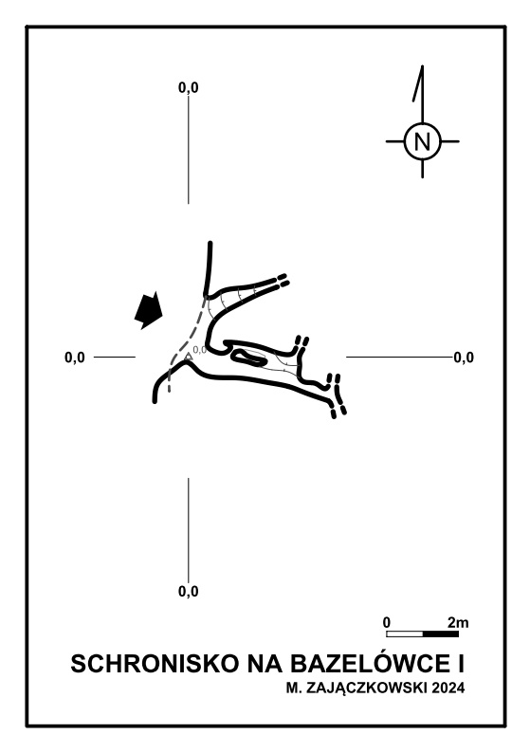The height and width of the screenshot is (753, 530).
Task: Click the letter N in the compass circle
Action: pyautogui.click(x=422, y=141)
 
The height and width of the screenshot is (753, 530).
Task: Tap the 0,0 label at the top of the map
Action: pyautogui.click(x=188, y=87)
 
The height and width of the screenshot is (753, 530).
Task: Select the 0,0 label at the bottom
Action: pyautogui.click(x=188, y=591)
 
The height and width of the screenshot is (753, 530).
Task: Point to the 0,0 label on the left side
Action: pyautogui.click(x=74, y=358)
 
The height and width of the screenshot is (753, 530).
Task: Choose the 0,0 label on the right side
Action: pyautogui.click(x=464, y=358)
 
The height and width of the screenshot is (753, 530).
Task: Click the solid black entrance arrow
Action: pyautogui.click(x=149, y=310)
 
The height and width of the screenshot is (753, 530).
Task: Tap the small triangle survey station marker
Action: pyautogui.click(x=188, y=356)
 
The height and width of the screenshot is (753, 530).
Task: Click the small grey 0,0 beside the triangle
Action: pyautogui.click(x=199, y=350)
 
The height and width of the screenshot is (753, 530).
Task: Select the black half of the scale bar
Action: pyautogui.click(x=441, y=634)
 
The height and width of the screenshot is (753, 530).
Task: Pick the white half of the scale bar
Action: pyautogui.click(x=405, y=634)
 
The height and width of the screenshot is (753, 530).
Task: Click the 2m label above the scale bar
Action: pyautogui.click(x=458, y=623)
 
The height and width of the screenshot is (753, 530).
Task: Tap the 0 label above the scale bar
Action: pyautogui.click(x=387, y=623)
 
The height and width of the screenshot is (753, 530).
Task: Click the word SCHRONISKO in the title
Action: pyautogui.click(x=155, y=664)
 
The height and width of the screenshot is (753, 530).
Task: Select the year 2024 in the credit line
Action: pyautogui.click(x=448, y=689)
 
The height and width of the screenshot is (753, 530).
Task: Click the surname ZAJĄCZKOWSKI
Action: pyautogui.click(x=366, y=689)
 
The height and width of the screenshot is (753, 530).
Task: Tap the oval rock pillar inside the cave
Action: pyautogui.click(x=248, y=358)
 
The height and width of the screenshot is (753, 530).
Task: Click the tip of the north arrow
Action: pyautogui.click(x=423, y=65)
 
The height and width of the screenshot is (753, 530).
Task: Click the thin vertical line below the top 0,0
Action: pyautogui.click(x=188, y=150)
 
